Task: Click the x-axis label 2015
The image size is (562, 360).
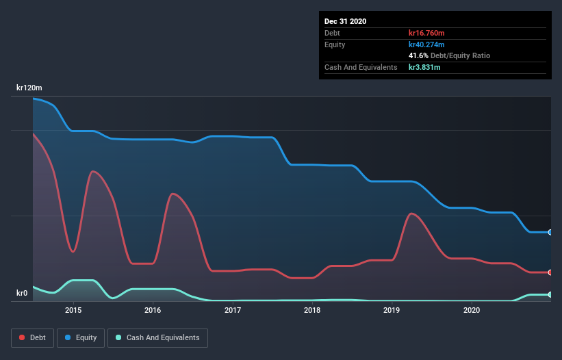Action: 73,310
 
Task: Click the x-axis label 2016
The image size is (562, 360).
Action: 153,310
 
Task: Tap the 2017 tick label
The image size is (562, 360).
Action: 233,310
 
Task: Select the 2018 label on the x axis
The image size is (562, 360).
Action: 312,310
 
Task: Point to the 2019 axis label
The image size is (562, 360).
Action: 392,310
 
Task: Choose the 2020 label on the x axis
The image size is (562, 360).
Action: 472,310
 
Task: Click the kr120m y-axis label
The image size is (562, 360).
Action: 29,88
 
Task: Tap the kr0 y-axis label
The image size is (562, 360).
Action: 23,294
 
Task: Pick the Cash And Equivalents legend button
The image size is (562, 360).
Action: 157,337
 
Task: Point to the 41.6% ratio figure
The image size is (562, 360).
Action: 419,55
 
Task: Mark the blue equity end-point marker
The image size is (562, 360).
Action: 550,233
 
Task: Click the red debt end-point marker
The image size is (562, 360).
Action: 550,272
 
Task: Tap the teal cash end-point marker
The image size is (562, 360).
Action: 550,294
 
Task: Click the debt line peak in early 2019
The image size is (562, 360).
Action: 411,214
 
